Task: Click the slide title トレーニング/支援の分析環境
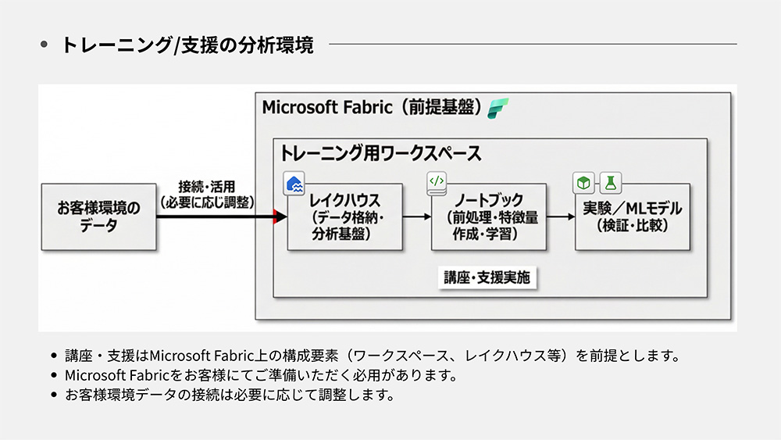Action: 187,45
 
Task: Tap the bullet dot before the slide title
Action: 44,45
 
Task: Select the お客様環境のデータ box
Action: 98,216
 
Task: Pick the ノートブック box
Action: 490,216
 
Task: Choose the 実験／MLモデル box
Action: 633,216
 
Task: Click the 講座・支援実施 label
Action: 491,277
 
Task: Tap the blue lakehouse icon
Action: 294,184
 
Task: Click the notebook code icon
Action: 437,183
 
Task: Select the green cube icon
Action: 583,184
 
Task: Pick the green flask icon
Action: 609,184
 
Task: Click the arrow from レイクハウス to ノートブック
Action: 416,217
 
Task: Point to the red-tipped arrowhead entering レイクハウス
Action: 277,217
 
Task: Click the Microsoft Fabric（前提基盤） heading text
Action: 372,107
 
